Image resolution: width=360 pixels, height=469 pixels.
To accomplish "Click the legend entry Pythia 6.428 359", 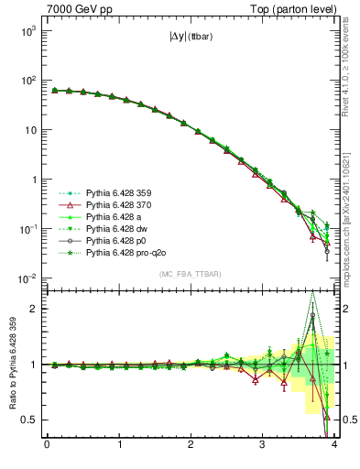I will tap(117, 193).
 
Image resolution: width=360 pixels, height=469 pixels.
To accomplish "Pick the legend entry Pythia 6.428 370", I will tap(117, 207).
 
